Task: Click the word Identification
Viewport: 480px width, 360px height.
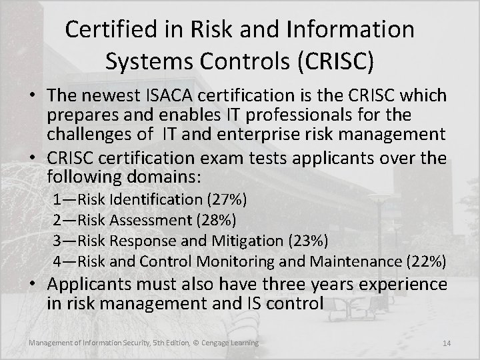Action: click(157, 199)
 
